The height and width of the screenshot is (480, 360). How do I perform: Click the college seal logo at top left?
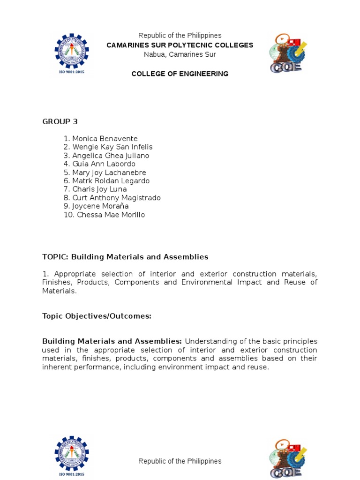click(x=71, y=54)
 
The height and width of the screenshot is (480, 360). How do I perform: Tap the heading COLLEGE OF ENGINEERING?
click(x=180, y=74)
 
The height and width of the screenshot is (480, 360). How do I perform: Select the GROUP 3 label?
click(x=60, y=121)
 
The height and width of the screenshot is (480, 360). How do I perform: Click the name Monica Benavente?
click(x=105, y=139)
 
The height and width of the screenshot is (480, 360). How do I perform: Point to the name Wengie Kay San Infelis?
click(x=112, y=147)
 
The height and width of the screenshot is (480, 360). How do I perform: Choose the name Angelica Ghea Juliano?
click(x=111, y=156)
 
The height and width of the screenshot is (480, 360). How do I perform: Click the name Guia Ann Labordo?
click(x=104, y=164)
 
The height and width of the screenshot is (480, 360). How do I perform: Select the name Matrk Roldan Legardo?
click(x=111, y=181)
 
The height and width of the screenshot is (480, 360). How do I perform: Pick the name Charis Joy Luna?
click(x=99, y=189)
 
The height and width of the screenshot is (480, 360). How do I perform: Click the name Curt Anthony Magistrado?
click(x=116, y=198)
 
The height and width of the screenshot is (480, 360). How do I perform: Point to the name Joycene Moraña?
click(x=100, y=206)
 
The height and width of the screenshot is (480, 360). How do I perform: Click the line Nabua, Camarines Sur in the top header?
click(x=180, y=54)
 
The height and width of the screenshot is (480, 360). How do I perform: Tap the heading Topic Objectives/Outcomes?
click(x=97, y=316)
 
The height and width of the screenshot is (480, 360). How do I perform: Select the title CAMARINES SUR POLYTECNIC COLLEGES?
click(x=180, y=45)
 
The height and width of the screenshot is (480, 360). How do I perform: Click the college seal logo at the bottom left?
click(x=71, y=457)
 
